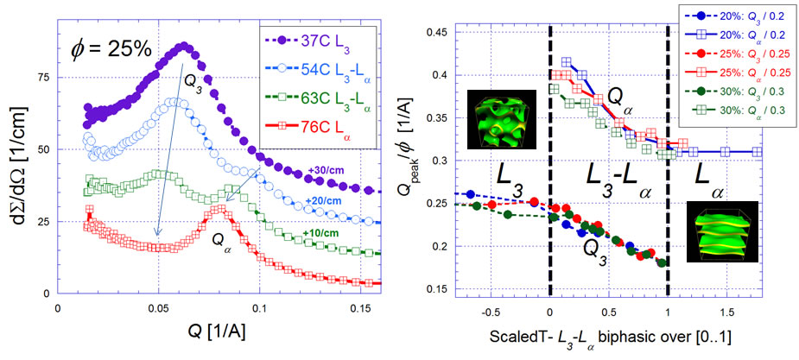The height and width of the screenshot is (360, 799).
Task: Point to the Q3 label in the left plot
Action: [x=193, y=85]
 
